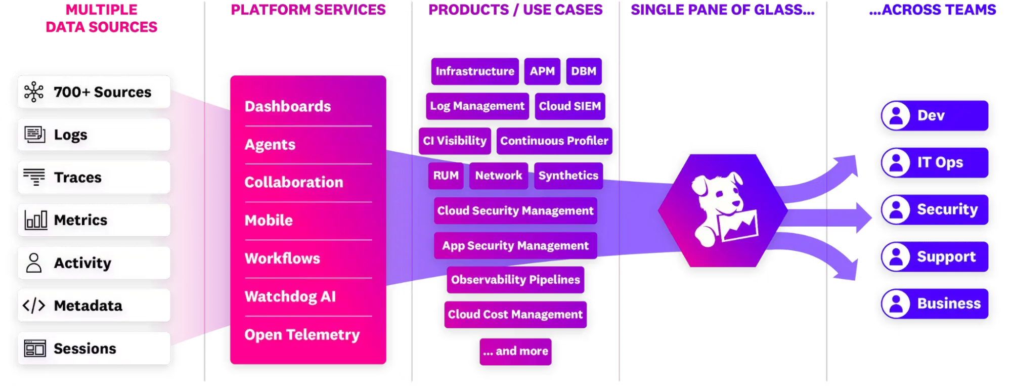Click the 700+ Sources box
tap(94, 92)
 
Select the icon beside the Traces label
tap(34, 177)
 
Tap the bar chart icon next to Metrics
tap(35, 220)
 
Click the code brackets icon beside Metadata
tap(34, 306)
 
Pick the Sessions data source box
tap(94, 349)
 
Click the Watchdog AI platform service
tap(290, 296)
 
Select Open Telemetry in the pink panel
tap(302, 335)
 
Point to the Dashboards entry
tap(288, 106)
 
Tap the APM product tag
tap(542, 71)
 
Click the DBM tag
tap(584, 71)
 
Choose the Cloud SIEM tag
tap(569, 106)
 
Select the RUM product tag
tap(446, 176)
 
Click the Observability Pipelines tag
tap(515, 280)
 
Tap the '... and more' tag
tap(515, 351)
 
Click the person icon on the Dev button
tap(896, 115)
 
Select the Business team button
tap(935, 304)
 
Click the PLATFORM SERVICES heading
tap(308, 10)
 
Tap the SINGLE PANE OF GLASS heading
tap(722, 10)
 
